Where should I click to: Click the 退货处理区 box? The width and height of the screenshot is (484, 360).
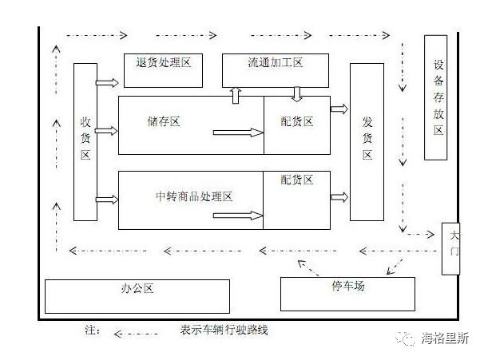(x=165, y=69)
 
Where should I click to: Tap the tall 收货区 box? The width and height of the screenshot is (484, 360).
(x=85, y=140)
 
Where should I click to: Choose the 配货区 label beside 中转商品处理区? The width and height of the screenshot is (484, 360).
(x=296, y=180)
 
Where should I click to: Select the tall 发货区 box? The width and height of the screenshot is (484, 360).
(x=367, y=140)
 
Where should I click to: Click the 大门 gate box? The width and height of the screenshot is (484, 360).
(x=453, y=247)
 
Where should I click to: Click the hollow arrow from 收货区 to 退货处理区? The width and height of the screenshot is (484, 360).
(x=106, y=81)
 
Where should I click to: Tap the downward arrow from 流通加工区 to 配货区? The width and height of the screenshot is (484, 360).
(x=296, y=94)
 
